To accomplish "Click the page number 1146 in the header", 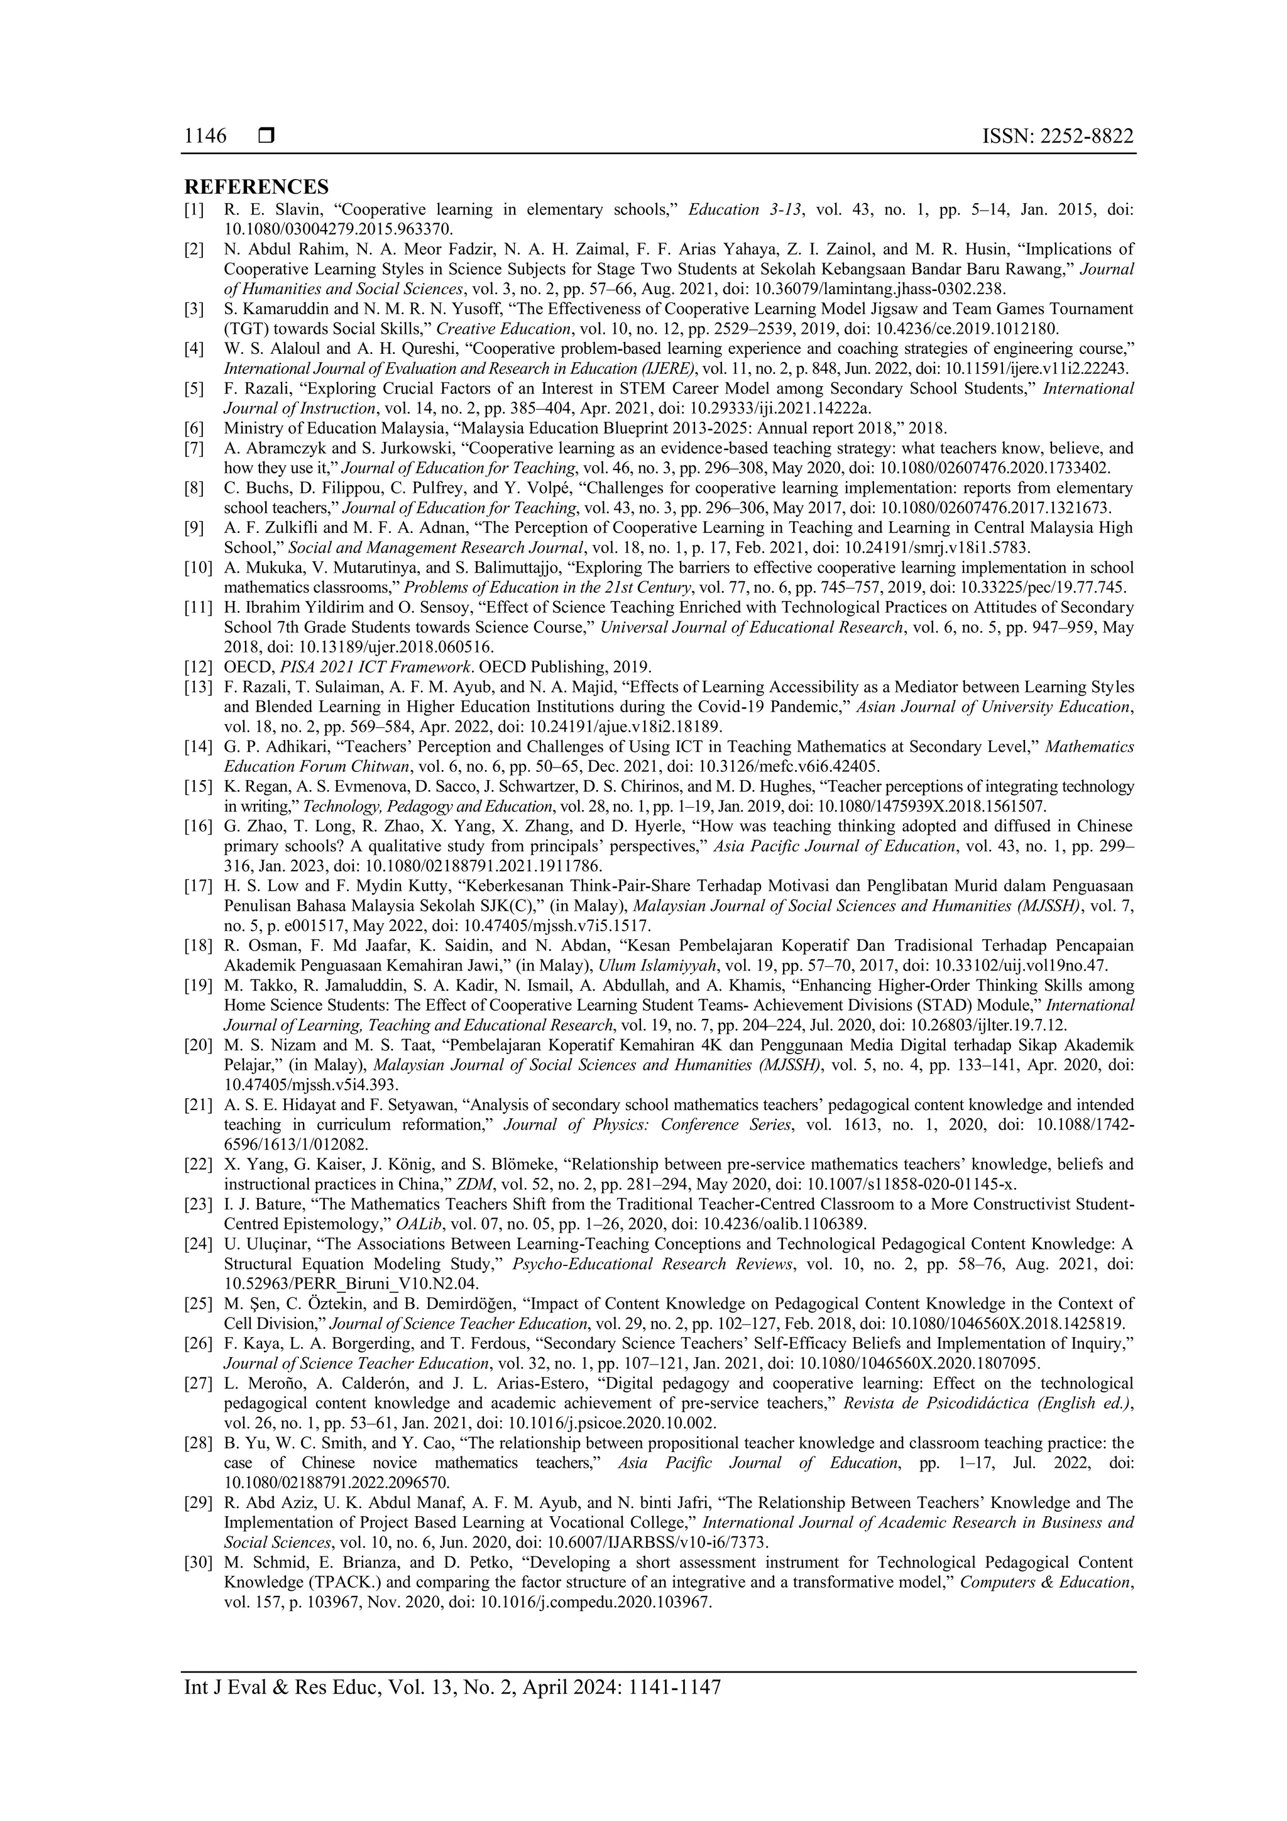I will (205, 136).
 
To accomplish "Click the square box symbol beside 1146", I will (266, 136).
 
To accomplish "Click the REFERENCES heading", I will (256, 187).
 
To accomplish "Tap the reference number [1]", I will (194, 210).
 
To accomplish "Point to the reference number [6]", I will (194, 428).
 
